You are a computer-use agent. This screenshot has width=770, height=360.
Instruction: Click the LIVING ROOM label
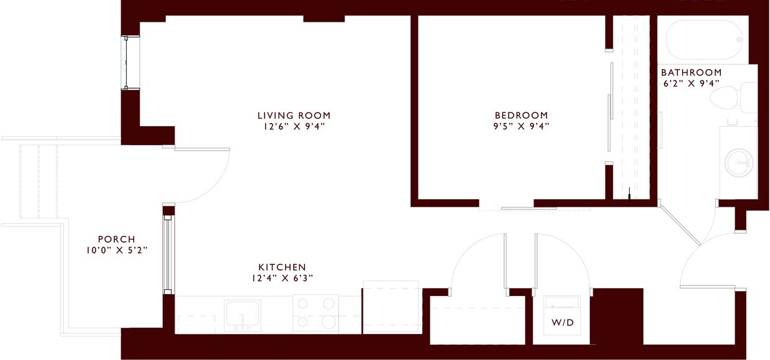tap(294, 115)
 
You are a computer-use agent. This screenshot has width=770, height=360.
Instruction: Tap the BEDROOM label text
tap(521, 115)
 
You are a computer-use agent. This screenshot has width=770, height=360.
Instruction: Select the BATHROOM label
tap(691, 73)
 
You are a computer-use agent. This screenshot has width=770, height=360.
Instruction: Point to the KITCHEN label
tap(282, 267)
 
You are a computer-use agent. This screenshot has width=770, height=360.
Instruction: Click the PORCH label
tap(116, 240)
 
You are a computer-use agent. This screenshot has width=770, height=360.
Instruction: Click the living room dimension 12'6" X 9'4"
tap(294, 127)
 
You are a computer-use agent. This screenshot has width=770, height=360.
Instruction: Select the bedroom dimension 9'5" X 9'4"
tap(521, 127)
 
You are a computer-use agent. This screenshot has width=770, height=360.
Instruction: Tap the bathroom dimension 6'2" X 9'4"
tap(691, 83)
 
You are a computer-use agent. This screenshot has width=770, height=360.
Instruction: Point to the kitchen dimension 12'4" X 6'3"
tap(282, 278)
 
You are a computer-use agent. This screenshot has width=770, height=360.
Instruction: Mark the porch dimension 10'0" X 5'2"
tap(116, 251)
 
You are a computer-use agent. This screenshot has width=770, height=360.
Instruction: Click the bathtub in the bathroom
tap(705, 40)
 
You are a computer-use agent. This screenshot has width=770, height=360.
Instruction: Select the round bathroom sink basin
tap(739, 163)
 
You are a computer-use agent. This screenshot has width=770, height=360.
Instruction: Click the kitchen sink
tap(243, 314)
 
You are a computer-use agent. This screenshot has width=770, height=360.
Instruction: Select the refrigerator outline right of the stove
tap(391, 307)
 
